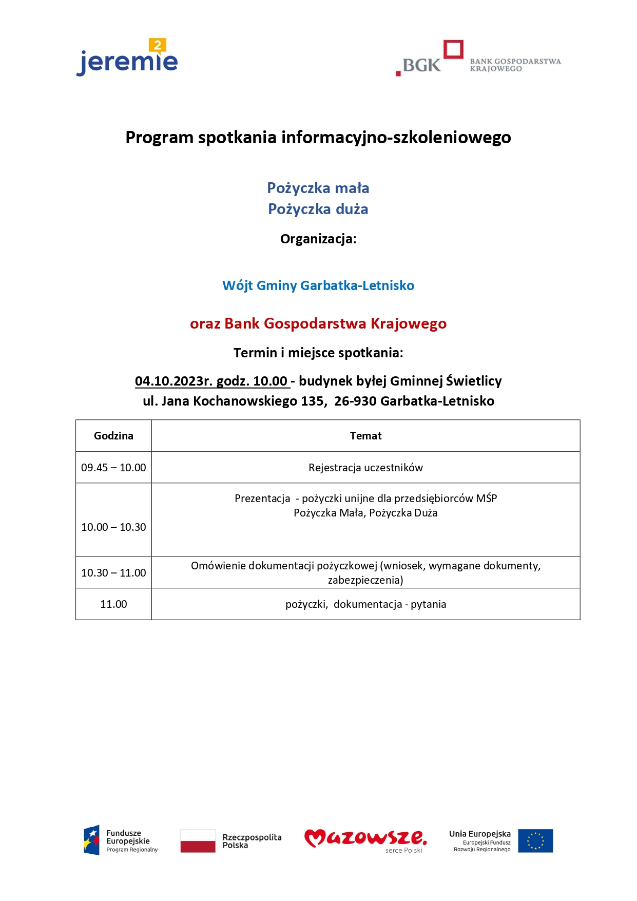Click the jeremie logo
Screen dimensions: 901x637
coord(127,59)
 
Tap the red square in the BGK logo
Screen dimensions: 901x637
coord(453,49)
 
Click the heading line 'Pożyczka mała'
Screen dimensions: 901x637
coord(318,188)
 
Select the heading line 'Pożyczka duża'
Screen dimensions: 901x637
coord(318,209)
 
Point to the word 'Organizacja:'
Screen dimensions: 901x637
coord(318,239)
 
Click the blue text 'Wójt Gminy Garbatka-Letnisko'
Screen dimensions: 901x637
coord(318,285)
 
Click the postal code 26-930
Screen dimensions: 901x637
coord(355,401)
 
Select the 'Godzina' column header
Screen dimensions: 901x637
coord(113,436)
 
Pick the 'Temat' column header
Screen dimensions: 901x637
coord(365,436)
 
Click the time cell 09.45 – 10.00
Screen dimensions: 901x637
coord(113,468)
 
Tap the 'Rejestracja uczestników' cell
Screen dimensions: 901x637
coord(365,468)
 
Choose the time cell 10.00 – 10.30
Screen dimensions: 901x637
coord(113,527)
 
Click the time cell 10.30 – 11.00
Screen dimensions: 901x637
coord(113,573)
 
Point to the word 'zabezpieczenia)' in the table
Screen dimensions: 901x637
coord(365,580)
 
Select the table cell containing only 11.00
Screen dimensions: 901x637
coord(113,604)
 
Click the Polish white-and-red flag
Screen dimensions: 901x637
coord(198,841)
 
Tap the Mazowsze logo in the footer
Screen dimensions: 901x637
coord(365,839)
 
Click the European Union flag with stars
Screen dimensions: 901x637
coord(535,841)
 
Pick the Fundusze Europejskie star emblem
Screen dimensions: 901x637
coord(92,840)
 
